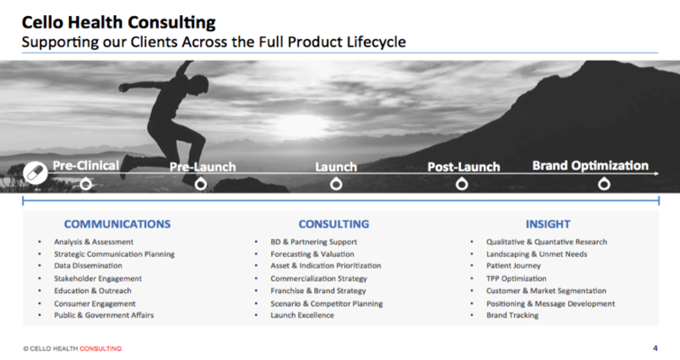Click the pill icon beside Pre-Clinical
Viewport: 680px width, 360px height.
35,173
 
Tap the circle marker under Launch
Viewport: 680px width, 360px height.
336,184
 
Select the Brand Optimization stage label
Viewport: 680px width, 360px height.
590,165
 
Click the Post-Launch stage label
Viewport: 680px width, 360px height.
463,167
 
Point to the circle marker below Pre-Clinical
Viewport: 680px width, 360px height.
86,184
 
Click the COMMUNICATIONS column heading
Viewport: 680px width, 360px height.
117,224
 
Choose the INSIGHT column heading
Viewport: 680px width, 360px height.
548,224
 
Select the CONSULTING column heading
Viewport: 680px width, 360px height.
333,224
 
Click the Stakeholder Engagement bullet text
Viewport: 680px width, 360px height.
97,279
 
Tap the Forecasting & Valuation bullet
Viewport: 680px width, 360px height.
313,254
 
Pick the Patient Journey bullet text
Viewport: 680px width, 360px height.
513,266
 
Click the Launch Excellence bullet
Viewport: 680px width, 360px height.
302,315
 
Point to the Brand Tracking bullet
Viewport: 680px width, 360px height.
512,315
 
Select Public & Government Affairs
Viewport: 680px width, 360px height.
103,315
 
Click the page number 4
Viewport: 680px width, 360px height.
656,349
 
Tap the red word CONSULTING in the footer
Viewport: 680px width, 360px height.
100,349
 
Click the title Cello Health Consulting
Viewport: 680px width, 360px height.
119,22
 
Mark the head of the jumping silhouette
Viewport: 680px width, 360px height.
199,84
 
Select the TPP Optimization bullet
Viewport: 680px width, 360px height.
516,279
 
